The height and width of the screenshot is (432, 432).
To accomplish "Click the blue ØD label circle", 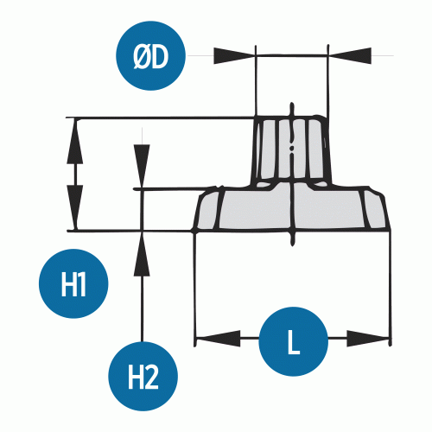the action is [x=150, y=55].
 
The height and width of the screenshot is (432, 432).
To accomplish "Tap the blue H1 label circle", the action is [x=73, y=283].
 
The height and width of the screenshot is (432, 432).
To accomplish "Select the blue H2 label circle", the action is [x=143, y=376].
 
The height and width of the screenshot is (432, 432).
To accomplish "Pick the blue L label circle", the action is [x=294, y=341].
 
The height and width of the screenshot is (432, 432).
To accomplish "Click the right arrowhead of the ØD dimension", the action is [x=350, y=55].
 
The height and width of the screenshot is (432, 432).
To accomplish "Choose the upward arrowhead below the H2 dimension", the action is [x=142, y=254].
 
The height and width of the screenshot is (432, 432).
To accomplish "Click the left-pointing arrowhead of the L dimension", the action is [x=218, y=338].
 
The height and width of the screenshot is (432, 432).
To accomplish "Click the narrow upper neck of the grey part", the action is [x=291, y=150].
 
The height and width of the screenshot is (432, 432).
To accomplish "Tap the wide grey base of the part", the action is [x=291, y=208].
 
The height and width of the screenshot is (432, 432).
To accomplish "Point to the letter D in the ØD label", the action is [x=159, y=57].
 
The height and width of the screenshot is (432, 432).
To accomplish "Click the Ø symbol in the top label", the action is [x=142, y=57].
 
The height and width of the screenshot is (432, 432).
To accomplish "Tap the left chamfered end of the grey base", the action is [x=207, y=208].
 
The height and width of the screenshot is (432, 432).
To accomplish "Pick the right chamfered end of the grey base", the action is [x=376, y=210].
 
